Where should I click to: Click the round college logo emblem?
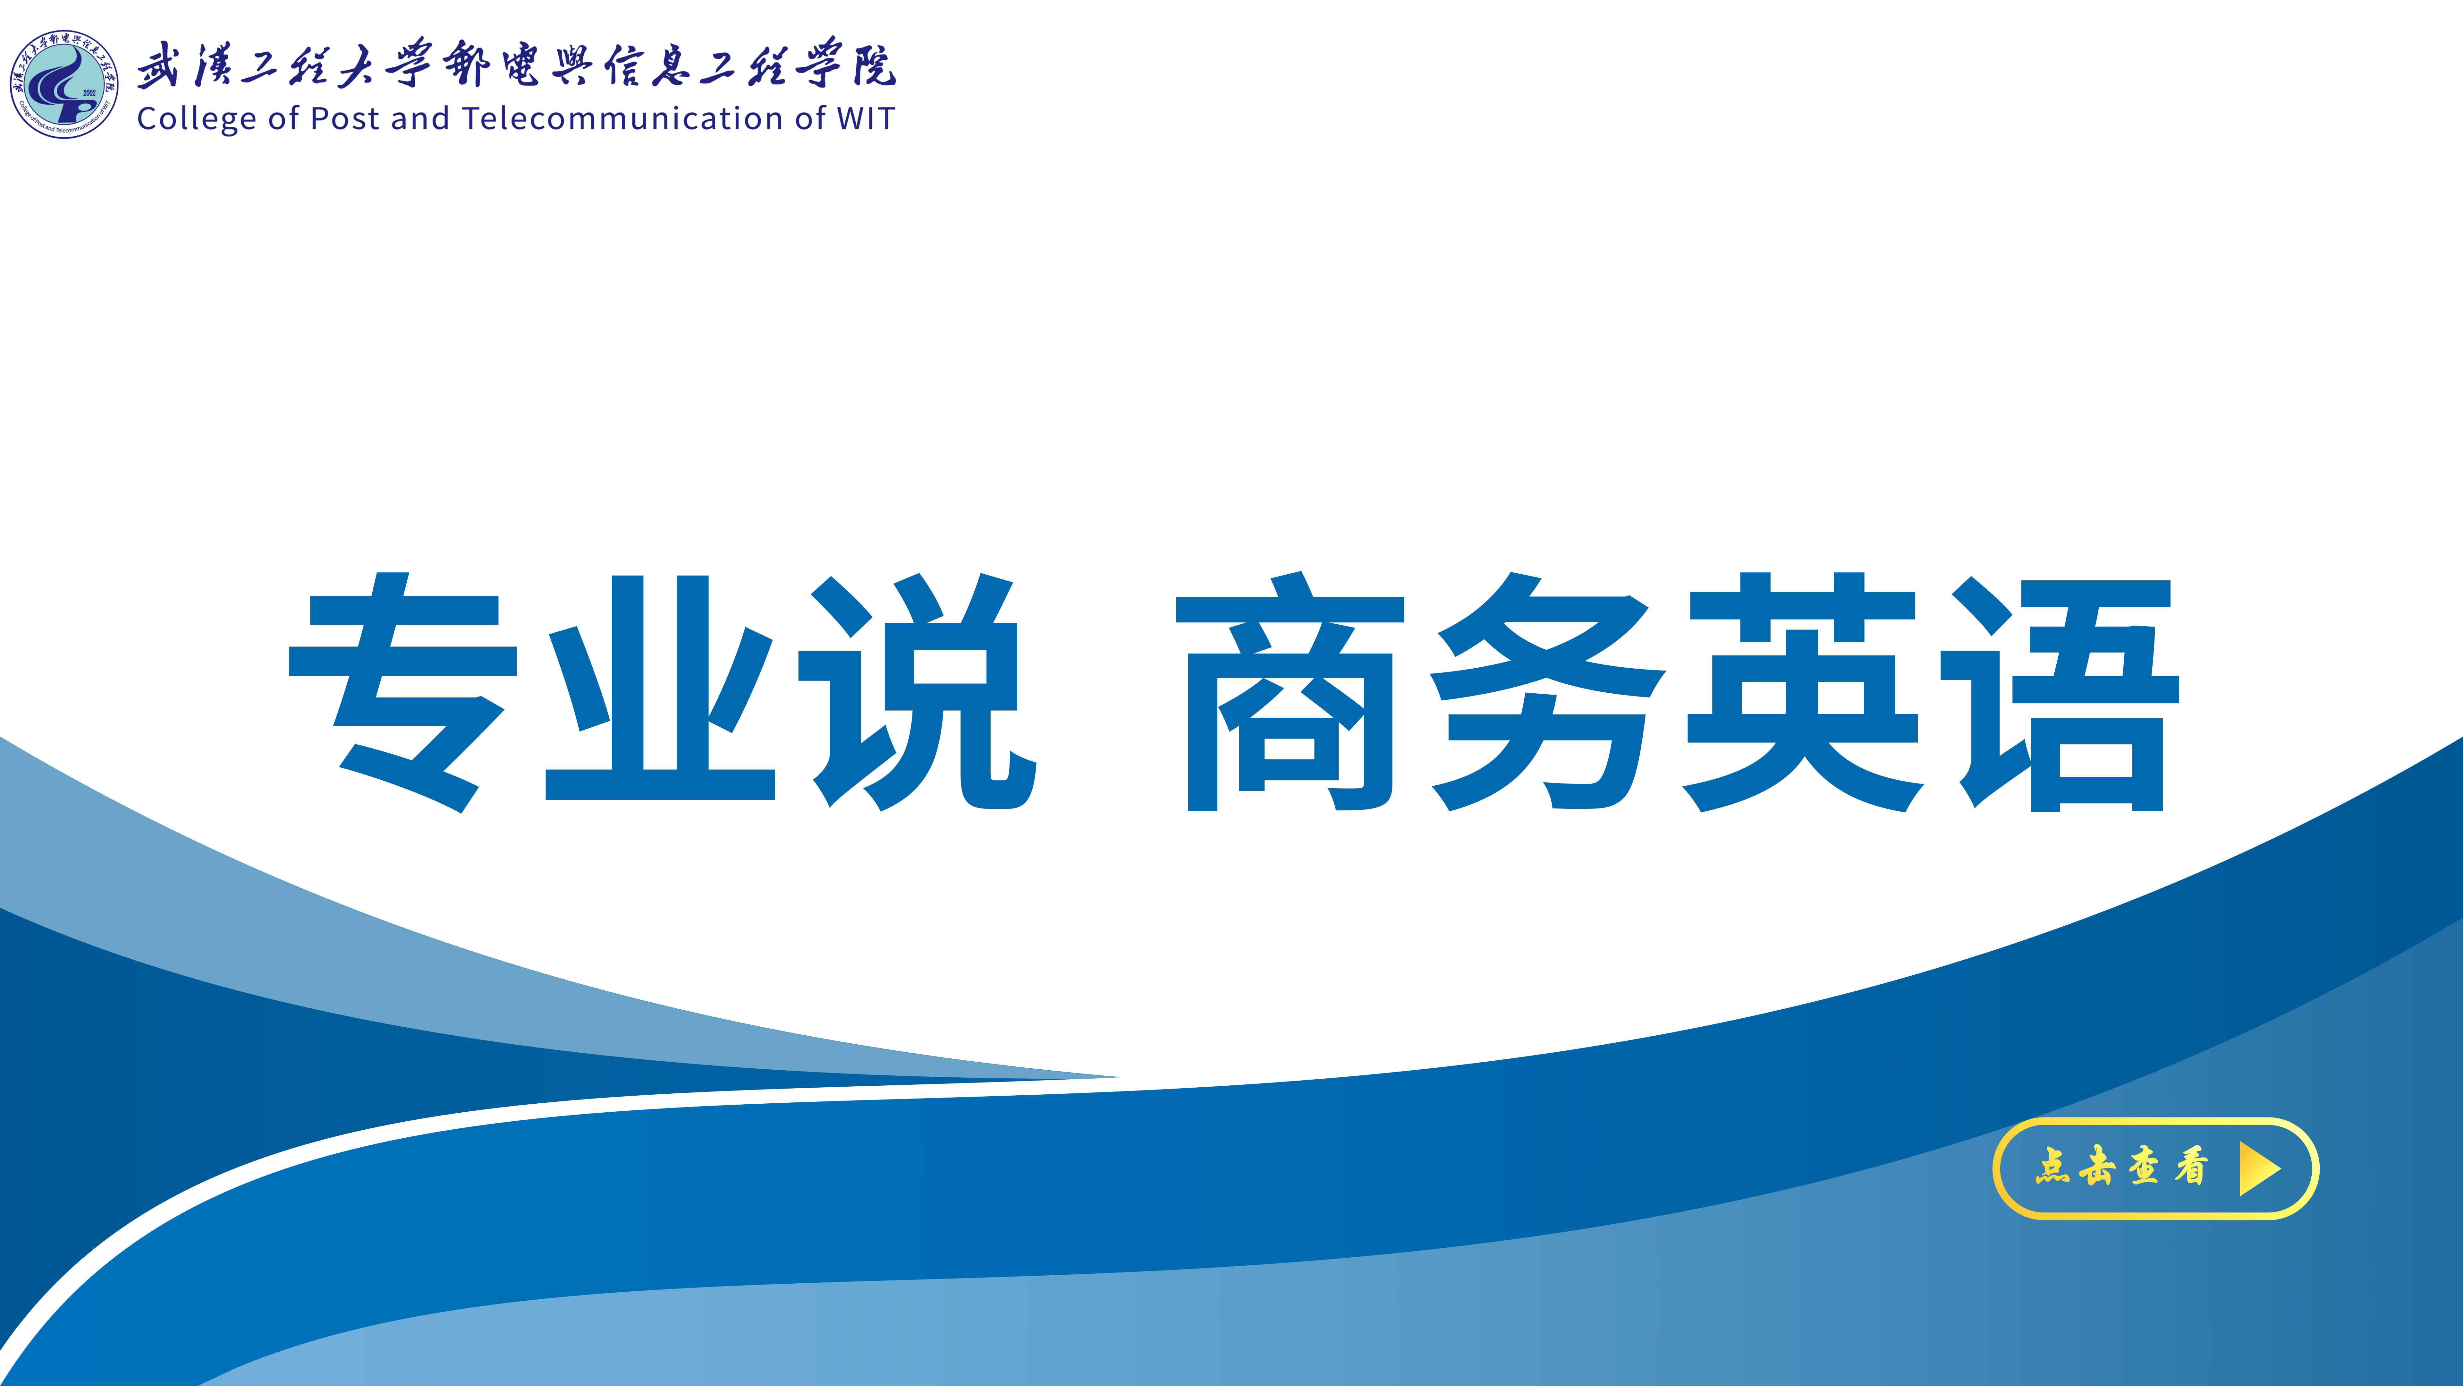64,85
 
